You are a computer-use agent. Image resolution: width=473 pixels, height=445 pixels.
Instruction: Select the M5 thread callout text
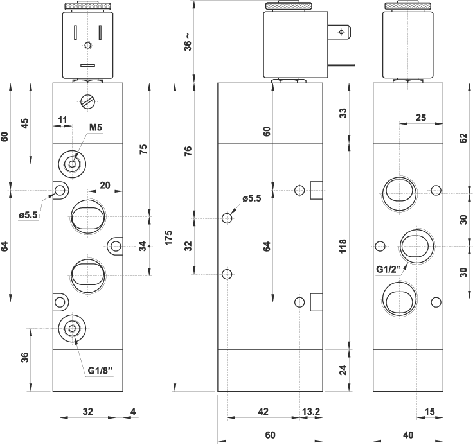pos(96,128)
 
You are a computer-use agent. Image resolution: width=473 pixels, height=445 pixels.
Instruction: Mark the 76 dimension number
pos(188,152)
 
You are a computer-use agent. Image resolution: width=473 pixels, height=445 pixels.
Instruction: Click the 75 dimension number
pos(143,149)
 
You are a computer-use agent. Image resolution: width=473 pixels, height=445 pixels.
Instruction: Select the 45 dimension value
pos(25,123)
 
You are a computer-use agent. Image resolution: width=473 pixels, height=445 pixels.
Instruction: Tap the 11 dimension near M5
pos(63,119)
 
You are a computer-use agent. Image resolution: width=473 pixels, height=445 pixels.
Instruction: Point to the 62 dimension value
pos(463,138)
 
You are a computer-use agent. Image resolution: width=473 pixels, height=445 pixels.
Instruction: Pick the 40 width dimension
pos(407,435)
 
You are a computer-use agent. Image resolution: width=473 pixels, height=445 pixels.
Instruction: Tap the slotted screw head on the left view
pos(87,101)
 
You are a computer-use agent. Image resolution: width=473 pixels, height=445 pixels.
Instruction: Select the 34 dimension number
pos(143,246)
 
